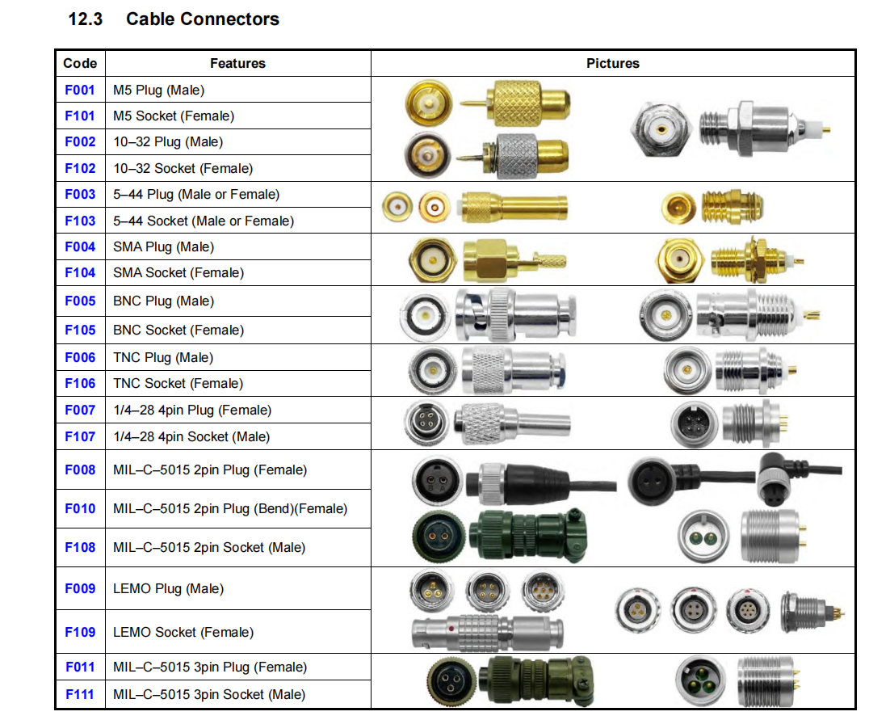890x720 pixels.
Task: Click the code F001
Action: coord(80,90)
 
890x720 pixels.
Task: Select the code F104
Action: coord(80,273)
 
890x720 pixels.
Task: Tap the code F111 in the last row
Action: coord(80,694)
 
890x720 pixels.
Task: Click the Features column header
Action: coord(237,63)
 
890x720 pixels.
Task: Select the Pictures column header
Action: coord(612,63)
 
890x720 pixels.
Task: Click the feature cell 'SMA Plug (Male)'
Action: coord(164,247)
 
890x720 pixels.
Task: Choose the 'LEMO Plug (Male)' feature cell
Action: coord(169,589)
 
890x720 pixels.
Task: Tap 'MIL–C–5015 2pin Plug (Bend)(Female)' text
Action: coord(230,509)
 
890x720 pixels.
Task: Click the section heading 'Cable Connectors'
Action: coord(203,19)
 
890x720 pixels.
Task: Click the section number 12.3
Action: coord(86,19)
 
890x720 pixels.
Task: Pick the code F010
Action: coord(80,509)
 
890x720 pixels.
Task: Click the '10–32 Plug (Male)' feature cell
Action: coord(168,142)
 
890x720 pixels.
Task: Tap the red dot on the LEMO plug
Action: coord(451,625)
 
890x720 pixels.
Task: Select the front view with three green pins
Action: coord(702,681)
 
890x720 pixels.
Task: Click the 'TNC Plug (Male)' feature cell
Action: coord(164,357)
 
